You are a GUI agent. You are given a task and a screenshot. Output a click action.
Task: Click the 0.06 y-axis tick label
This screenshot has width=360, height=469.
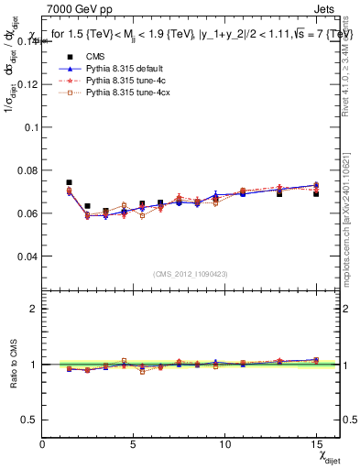click(27, 213)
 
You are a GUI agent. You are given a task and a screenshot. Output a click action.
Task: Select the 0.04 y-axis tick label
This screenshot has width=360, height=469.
click(27, 256)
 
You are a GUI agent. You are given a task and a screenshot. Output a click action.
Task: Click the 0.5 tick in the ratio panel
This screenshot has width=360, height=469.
click(29, 420)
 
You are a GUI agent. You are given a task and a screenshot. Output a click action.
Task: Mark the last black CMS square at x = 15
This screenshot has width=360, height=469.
click(316, 194)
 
